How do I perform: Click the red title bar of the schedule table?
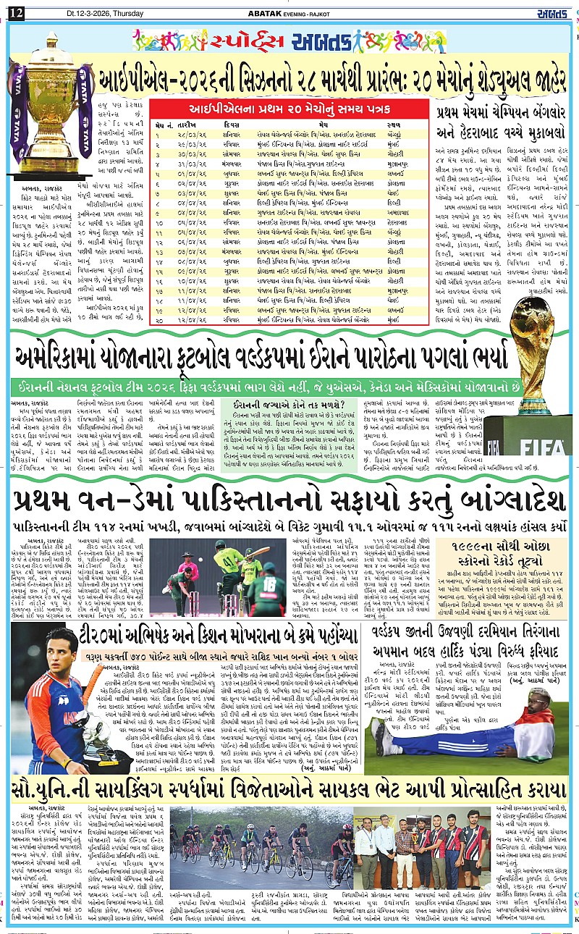(290, 107)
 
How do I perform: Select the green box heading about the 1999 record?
(502, 548)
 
